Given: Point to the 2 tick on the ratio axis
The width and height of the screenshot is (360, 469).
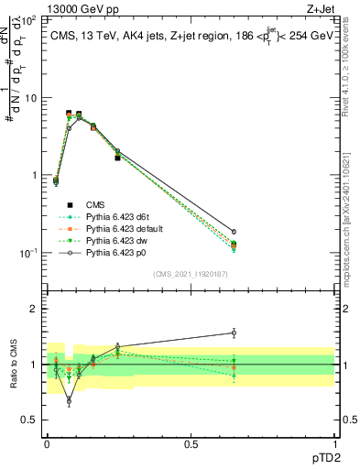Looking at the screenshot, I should [35, 310].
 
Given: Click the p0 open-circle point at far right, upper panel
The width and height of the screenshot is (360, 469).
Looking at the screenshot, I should [234, 232].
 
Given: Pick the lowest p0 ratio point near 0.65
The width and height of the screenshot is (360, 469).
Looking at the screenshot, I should [69, 400].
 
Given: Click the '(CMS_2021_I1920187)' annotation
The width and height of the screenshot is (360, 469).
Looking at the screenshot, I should [191, 273].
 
